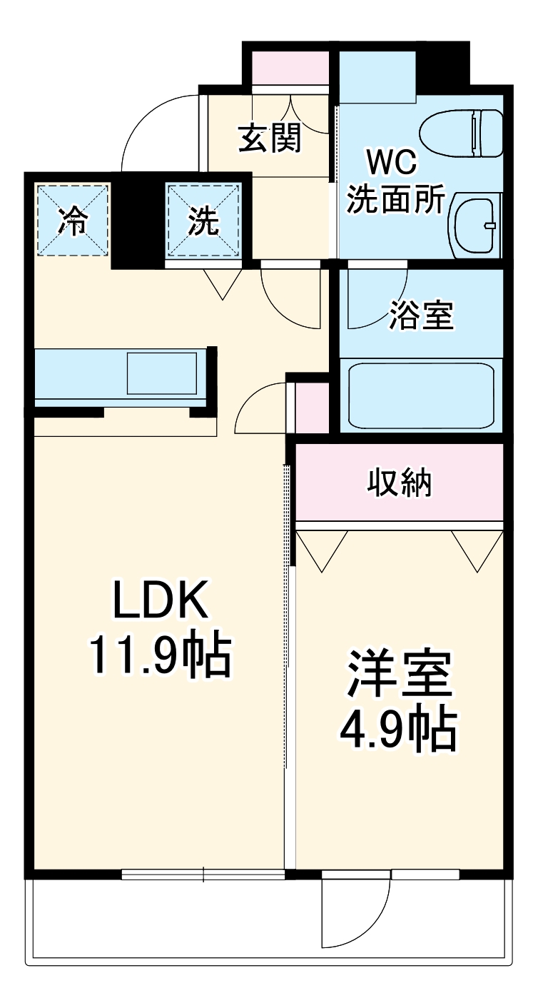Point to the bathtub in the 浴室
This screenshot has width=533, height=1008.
pyautogui.click(x=421, y=395)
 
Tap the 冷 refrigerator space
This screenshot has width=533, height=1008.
pyautogui.click(x=72, y=221)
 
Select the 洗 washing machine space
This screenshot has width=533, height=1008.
pyautogui.click(x=203, y=221)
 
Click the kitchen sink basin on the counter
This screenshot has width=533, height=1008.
pyautogui.click(x=163, y=373)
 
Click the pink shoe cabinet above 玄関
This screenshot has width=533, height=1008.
pyautogui.click(x=290, y=67)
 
